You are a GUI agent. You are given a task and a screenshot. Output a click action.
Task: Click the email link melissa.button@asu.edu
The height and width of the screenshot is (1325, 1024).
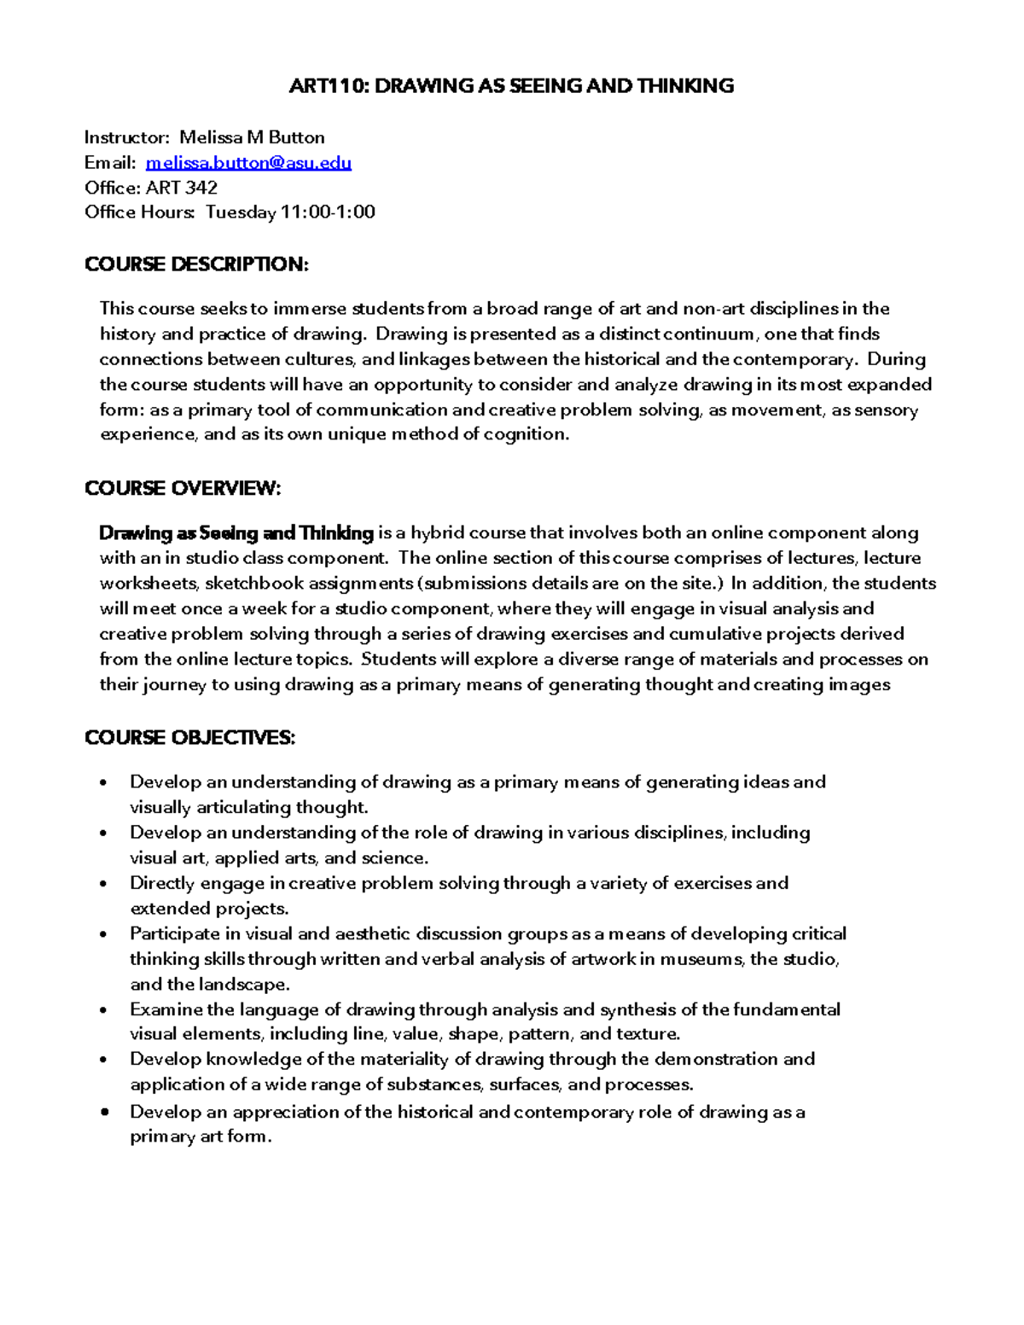point(248,162)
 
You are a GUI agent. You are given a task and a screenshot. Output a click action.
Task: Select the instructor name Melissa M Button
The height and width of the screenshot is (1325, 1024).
point(252,137)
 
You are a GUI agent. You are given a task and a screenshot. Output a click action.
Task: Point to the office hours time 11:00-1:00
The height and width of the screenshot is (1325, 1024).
point(328,212)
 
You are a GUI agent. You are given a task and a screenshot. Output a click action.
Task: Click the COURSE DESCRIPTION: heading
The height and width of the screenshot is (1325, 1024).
point(196,264)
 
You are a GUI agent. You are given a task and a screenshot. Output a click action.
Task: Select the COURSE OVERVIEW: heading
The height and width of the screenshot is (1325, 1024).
point(183,488)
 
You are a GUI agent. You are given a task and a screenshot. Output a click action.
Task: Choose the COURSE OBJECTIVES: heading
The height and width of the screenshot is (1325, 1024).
point(189,738)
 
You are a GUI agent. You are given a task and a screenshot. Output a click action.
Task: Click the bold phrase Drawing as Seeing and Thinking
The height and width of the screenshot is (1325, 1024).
point(236,533)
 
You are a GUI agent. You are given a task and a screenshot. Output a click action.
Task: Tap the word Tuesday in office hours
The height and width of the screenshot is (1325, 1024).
point(241,212)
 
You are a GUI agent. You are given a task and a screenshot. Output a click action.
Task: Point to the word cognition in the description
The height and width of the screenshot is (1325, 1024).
point(526,434)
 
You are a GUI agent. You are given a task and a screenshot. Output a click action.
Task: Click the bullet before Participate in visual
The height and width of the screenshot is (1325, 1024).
point(104,935)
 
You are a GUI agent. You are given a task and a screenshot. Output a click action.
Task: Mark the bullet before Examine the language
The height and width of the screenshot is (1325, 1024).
point(104,1011)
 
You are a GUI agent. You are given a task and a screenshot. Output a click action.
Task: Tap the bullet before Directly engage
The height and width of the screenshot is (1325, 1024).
point(104,885)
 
